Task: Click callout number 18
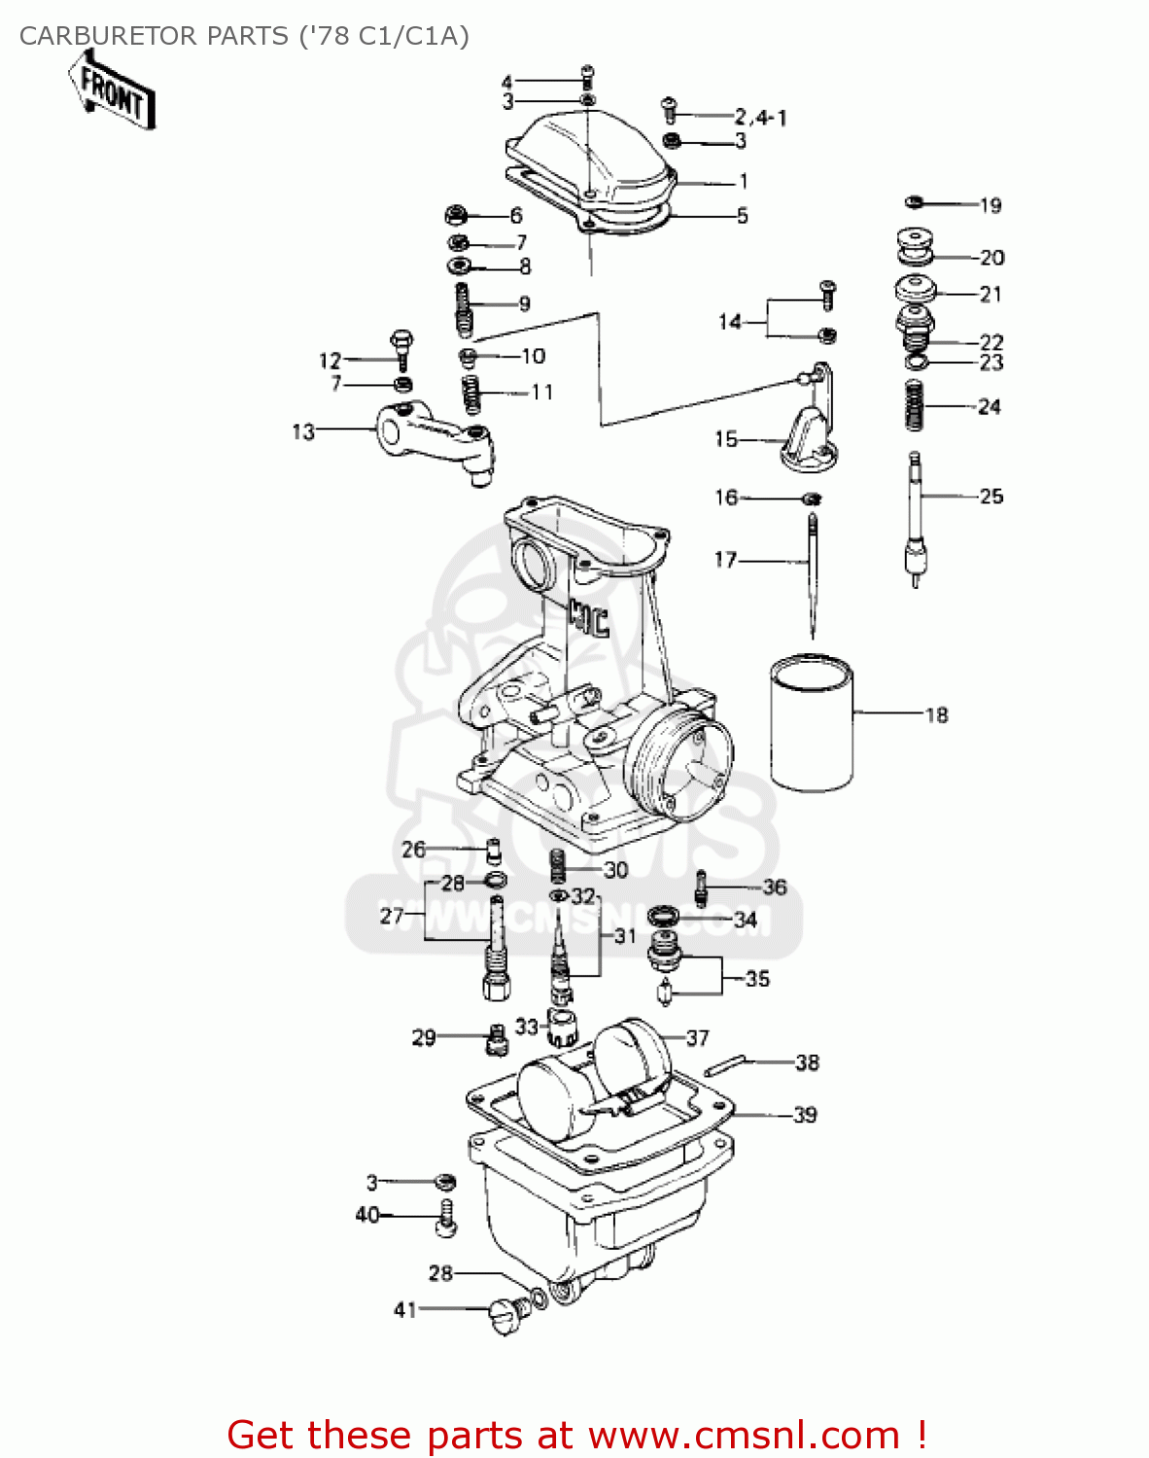pos(936,715)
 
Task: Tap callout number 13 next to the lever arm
pos(303,431)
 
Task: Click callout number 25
pos(991,497)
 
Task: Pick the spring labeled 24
pos(914,405)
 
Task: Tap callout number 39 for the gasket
pos(805,1115)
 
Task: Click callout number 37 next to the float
pos(698,1038)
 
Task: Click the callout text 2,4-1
pos(760,118)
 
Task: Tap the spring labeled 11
pos(470,394)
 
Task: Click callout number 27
pos(391,916)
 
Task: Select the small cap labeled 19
pos(914,202)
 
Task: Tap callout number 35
pos(757,979)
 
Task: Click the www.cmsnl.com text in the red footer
pos(744,1435)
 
